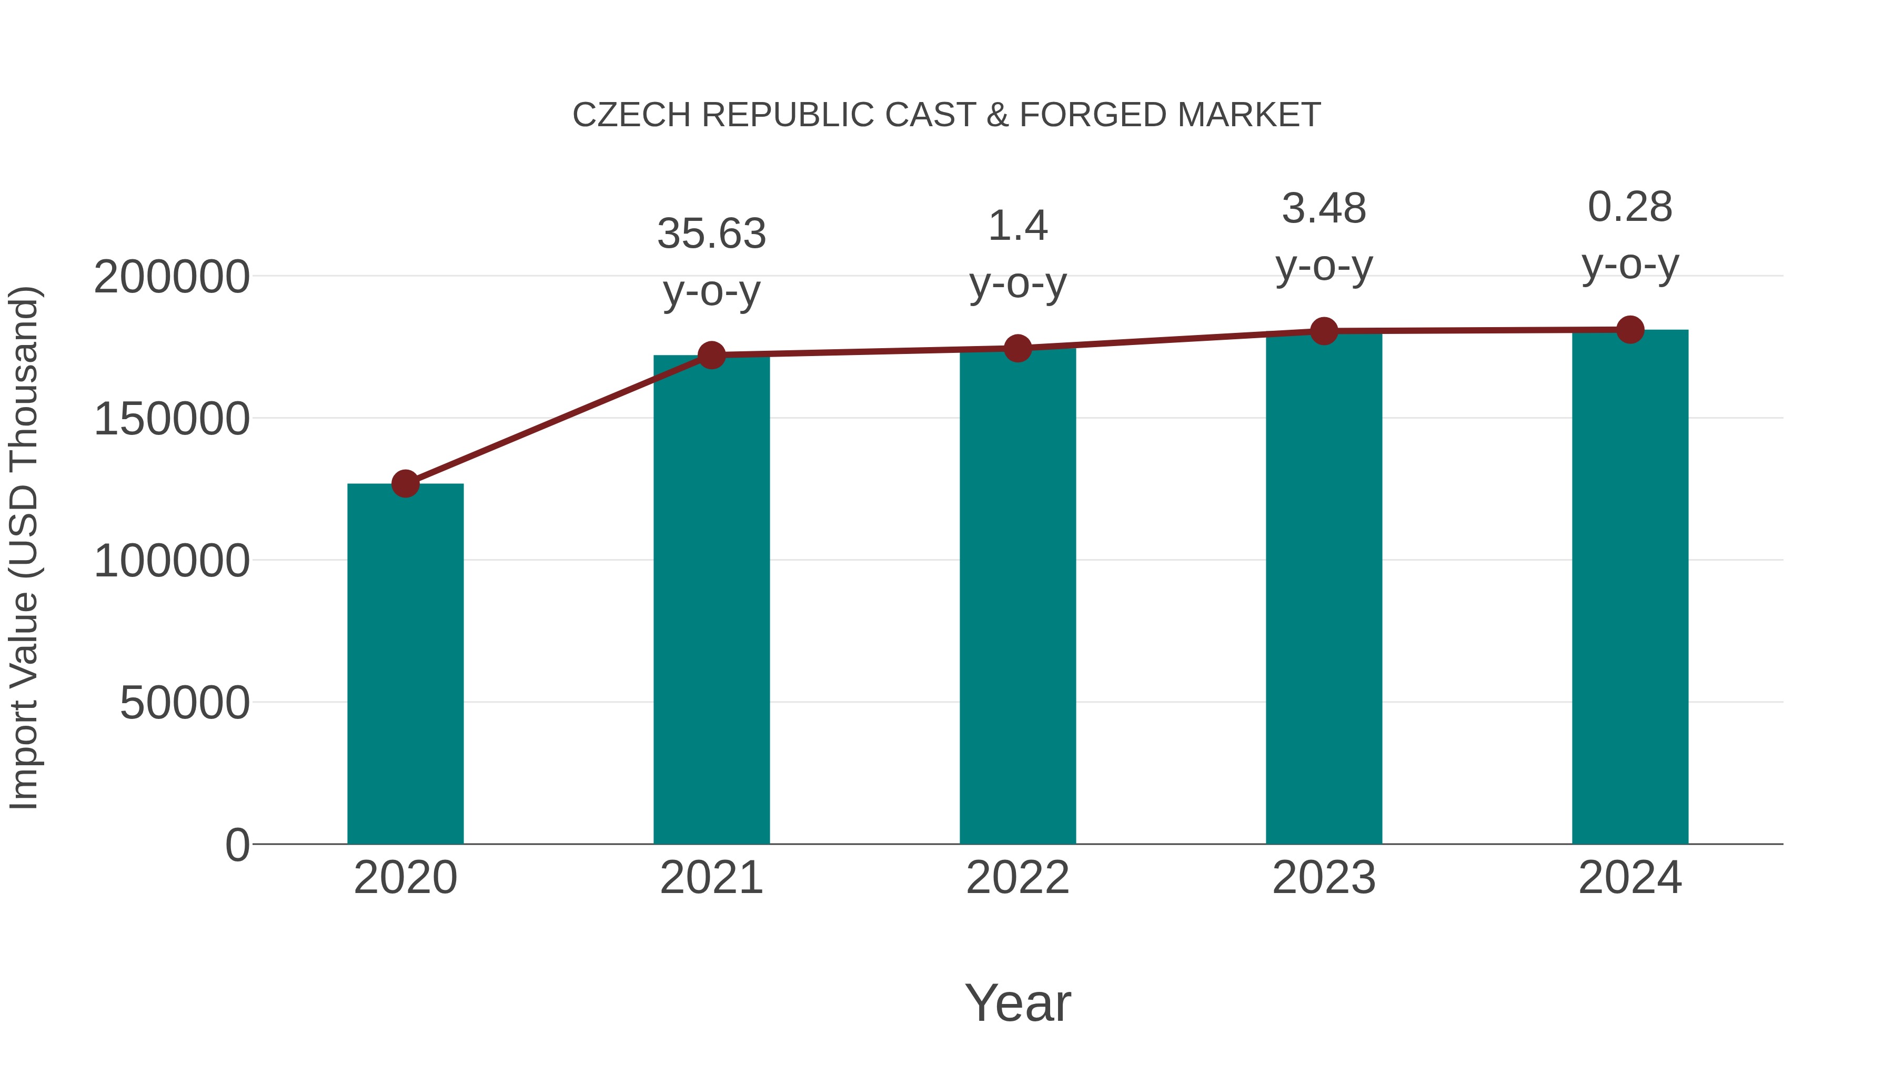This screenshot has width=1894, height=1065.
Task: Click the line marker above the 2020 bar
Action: click(x=405, y=484)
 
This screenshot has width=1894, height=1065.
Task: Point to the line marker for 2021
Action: click(x=711, y=356)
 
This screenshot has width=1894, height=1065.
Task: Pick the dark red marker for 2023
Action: click(x=1324, y=331)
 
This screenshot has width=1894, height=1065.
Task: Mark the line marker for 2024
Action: click(x=1630, y=330)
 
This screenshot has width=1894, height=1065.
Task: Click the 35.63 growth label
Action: click(x=711, y=234)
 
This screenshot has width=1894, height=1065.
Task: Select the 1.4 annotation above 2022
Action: click(x=1017, y=226)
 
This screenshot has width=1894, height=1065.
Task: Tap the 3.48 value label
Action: click(x=1324, y=209)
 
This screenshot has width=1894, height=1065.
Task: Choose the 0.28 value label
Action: click(x=1630, y=207)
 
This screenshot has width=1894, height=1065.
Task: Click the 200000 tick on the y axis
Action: click(x=172, y=278)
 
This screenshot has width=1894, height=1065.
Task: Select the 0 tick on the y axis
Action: click(x=237, y=845)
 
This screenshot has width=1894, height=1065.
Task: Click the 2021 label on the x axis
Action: click(x=711, y=878)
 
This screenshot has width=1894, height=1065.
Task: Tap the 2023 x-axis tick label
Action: click(x=1324, y=878)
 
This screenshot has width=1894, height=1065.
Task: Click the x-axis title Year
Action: click(x=1017, y=1002)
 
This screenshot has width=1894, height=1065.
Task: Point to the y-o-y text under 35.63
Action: click(x=711, y=292)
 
